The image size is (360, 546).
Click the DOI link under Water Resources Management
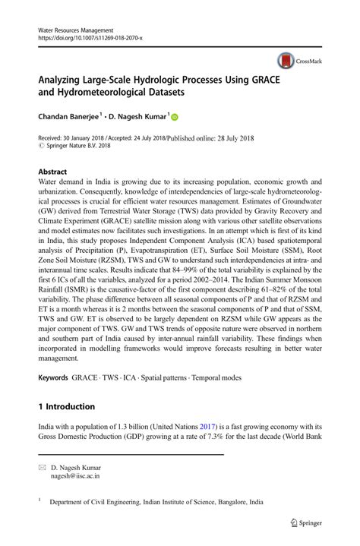89,37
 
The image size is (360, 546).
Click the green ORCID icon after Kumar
173,118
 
